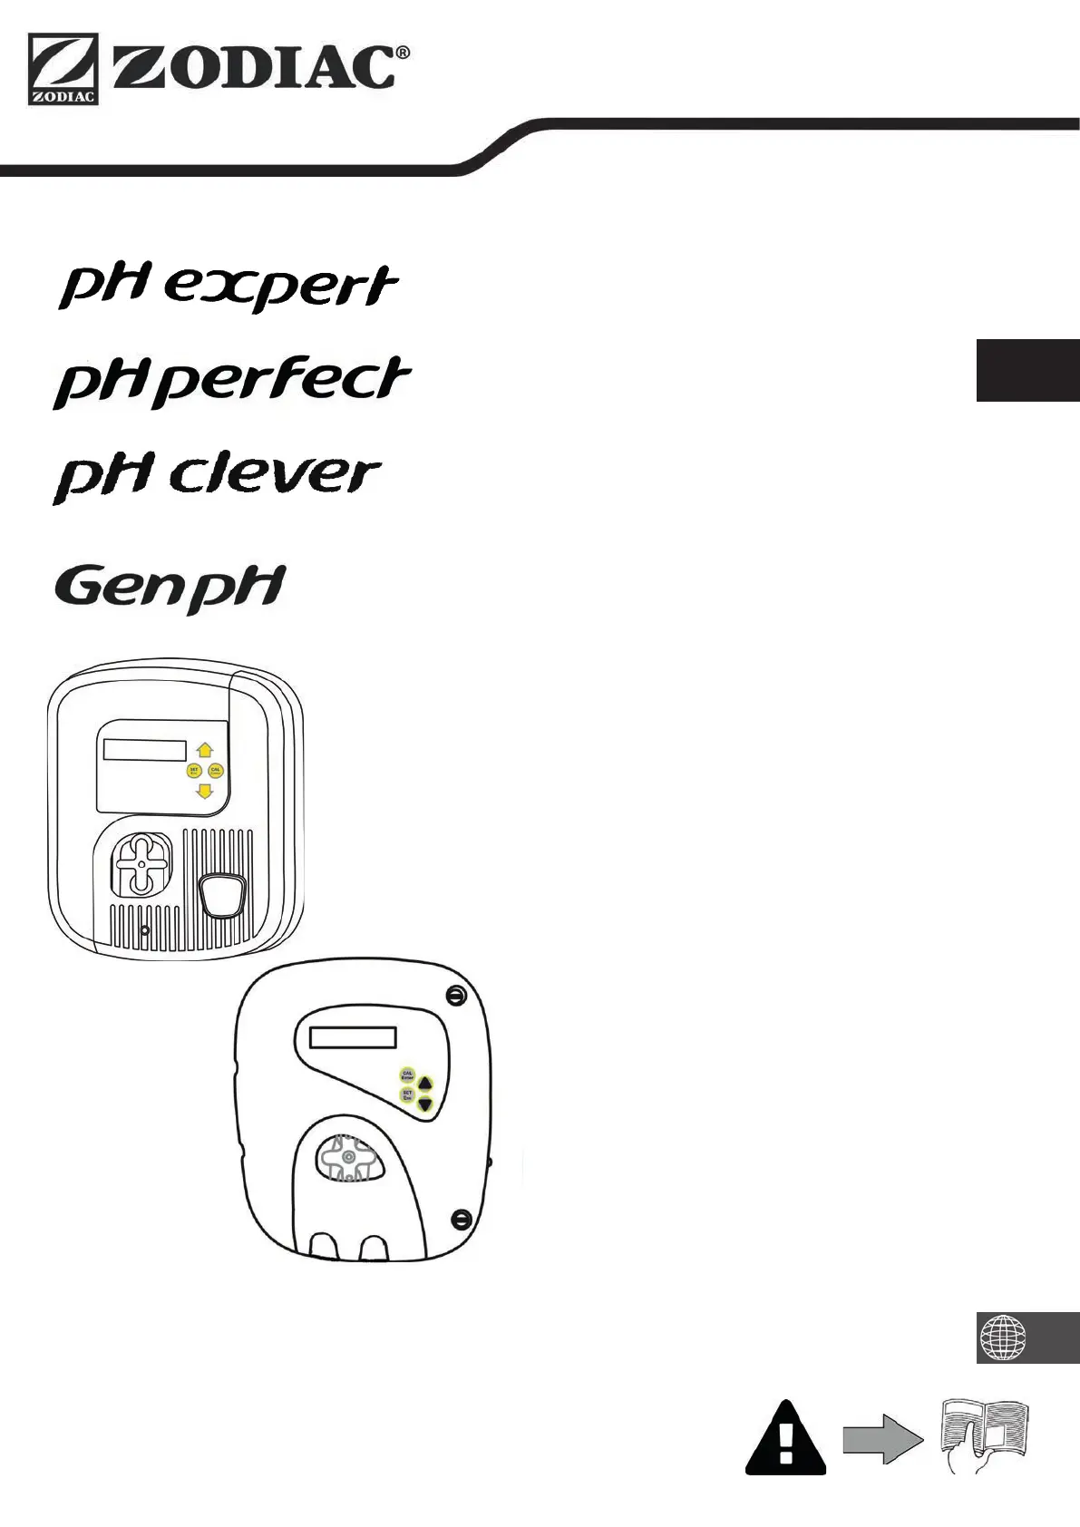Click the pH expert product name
[x=228, y=287]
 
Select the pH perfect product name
[x=232, y=381]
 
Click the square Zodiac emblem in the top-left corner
[x=63, y=70]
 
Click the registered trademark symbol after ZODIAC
[x=403, y=53]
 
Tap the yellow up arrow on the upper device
[x=204, y=750]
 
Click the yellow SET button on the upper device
[x=193, y=771]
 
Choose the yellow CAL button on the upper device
[x=216, y=771]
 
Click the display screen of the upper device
[x=145, y=750]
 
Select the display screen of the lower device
[x=353, y=1036]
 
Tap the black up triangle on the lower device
[x=425, y=1083]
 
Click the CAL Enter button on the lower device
[x=408, y=1075]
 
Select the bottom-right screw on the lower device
[x=461, y=1218]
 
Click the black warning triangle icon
[x=785, y=1439]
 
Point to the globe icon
[x=1003, y=1337]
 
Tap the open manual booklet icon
[x=986, y=1435]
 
